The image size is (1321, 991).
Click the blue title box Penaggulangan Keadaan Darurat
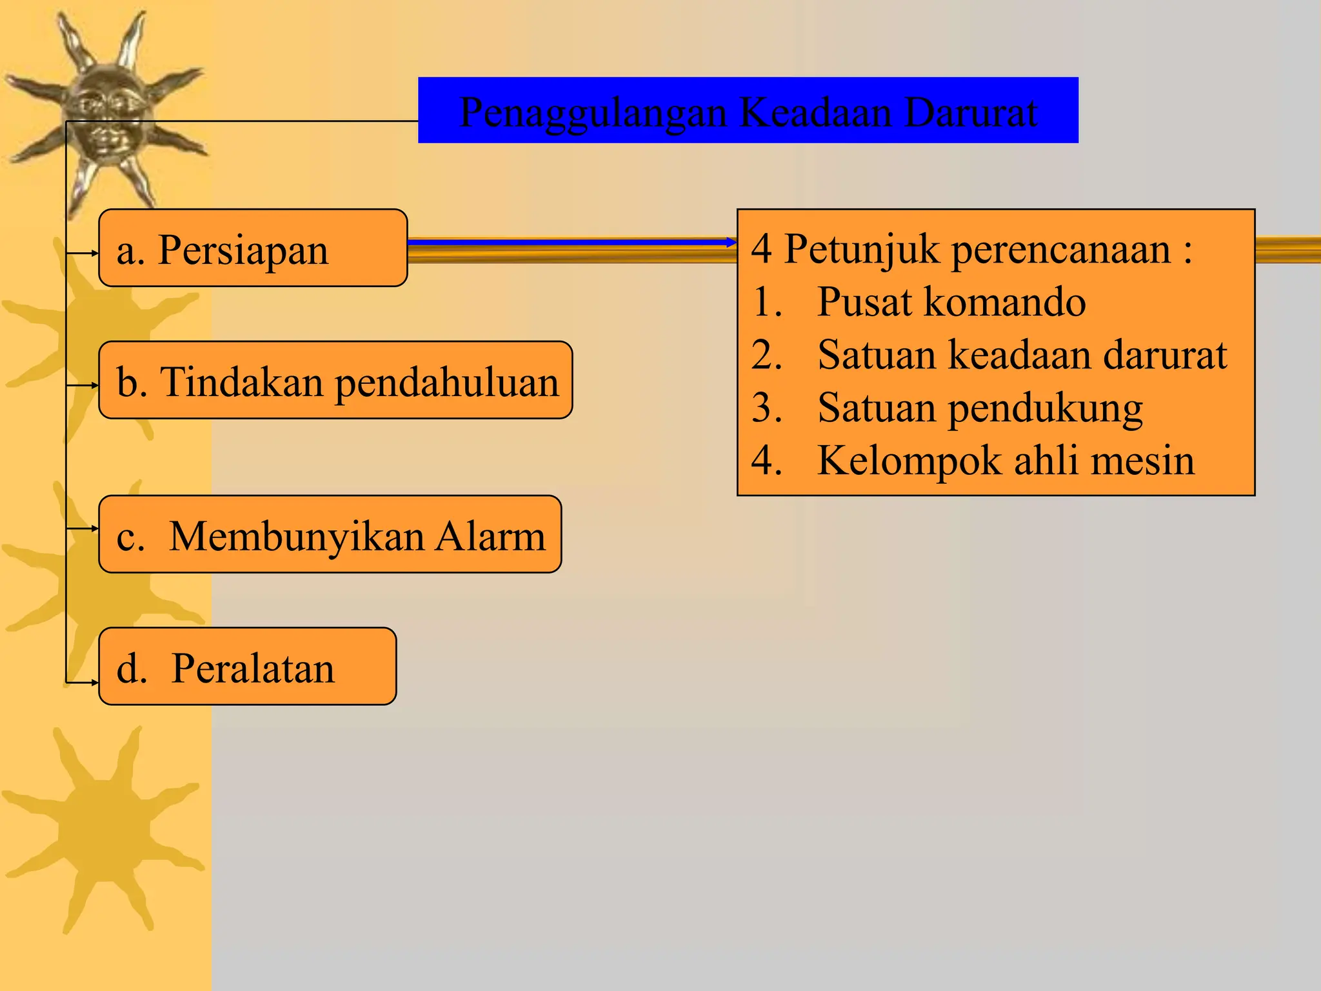(748, 110)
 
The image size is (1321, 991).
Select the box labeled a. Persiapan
(253, 248)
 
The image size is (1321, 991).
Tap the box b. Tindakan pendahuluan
(335, 381)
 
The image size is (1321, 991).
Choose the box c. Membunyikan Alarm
(330, 534)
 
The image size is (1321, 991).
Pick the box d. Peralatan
(247, 666)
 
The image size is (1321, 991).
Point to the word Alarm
(490, 536)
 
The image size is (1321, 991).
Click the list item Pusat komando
(951, 301)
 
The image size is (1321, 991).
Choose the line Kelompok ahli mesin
(1006, 461)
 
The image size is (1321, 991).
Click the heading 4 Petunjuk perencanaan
(971, 249)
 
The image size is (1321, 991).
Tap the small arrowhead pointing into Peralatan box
(94, 682)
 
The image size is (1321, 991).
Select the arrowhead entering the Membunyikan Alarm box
(94, 528)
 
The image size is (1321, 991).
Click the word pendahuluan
(446, 383)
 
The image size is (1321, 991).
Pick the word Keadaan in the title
(815, 112)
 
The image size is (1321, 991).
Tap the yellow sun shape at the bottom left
(103, 829)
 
